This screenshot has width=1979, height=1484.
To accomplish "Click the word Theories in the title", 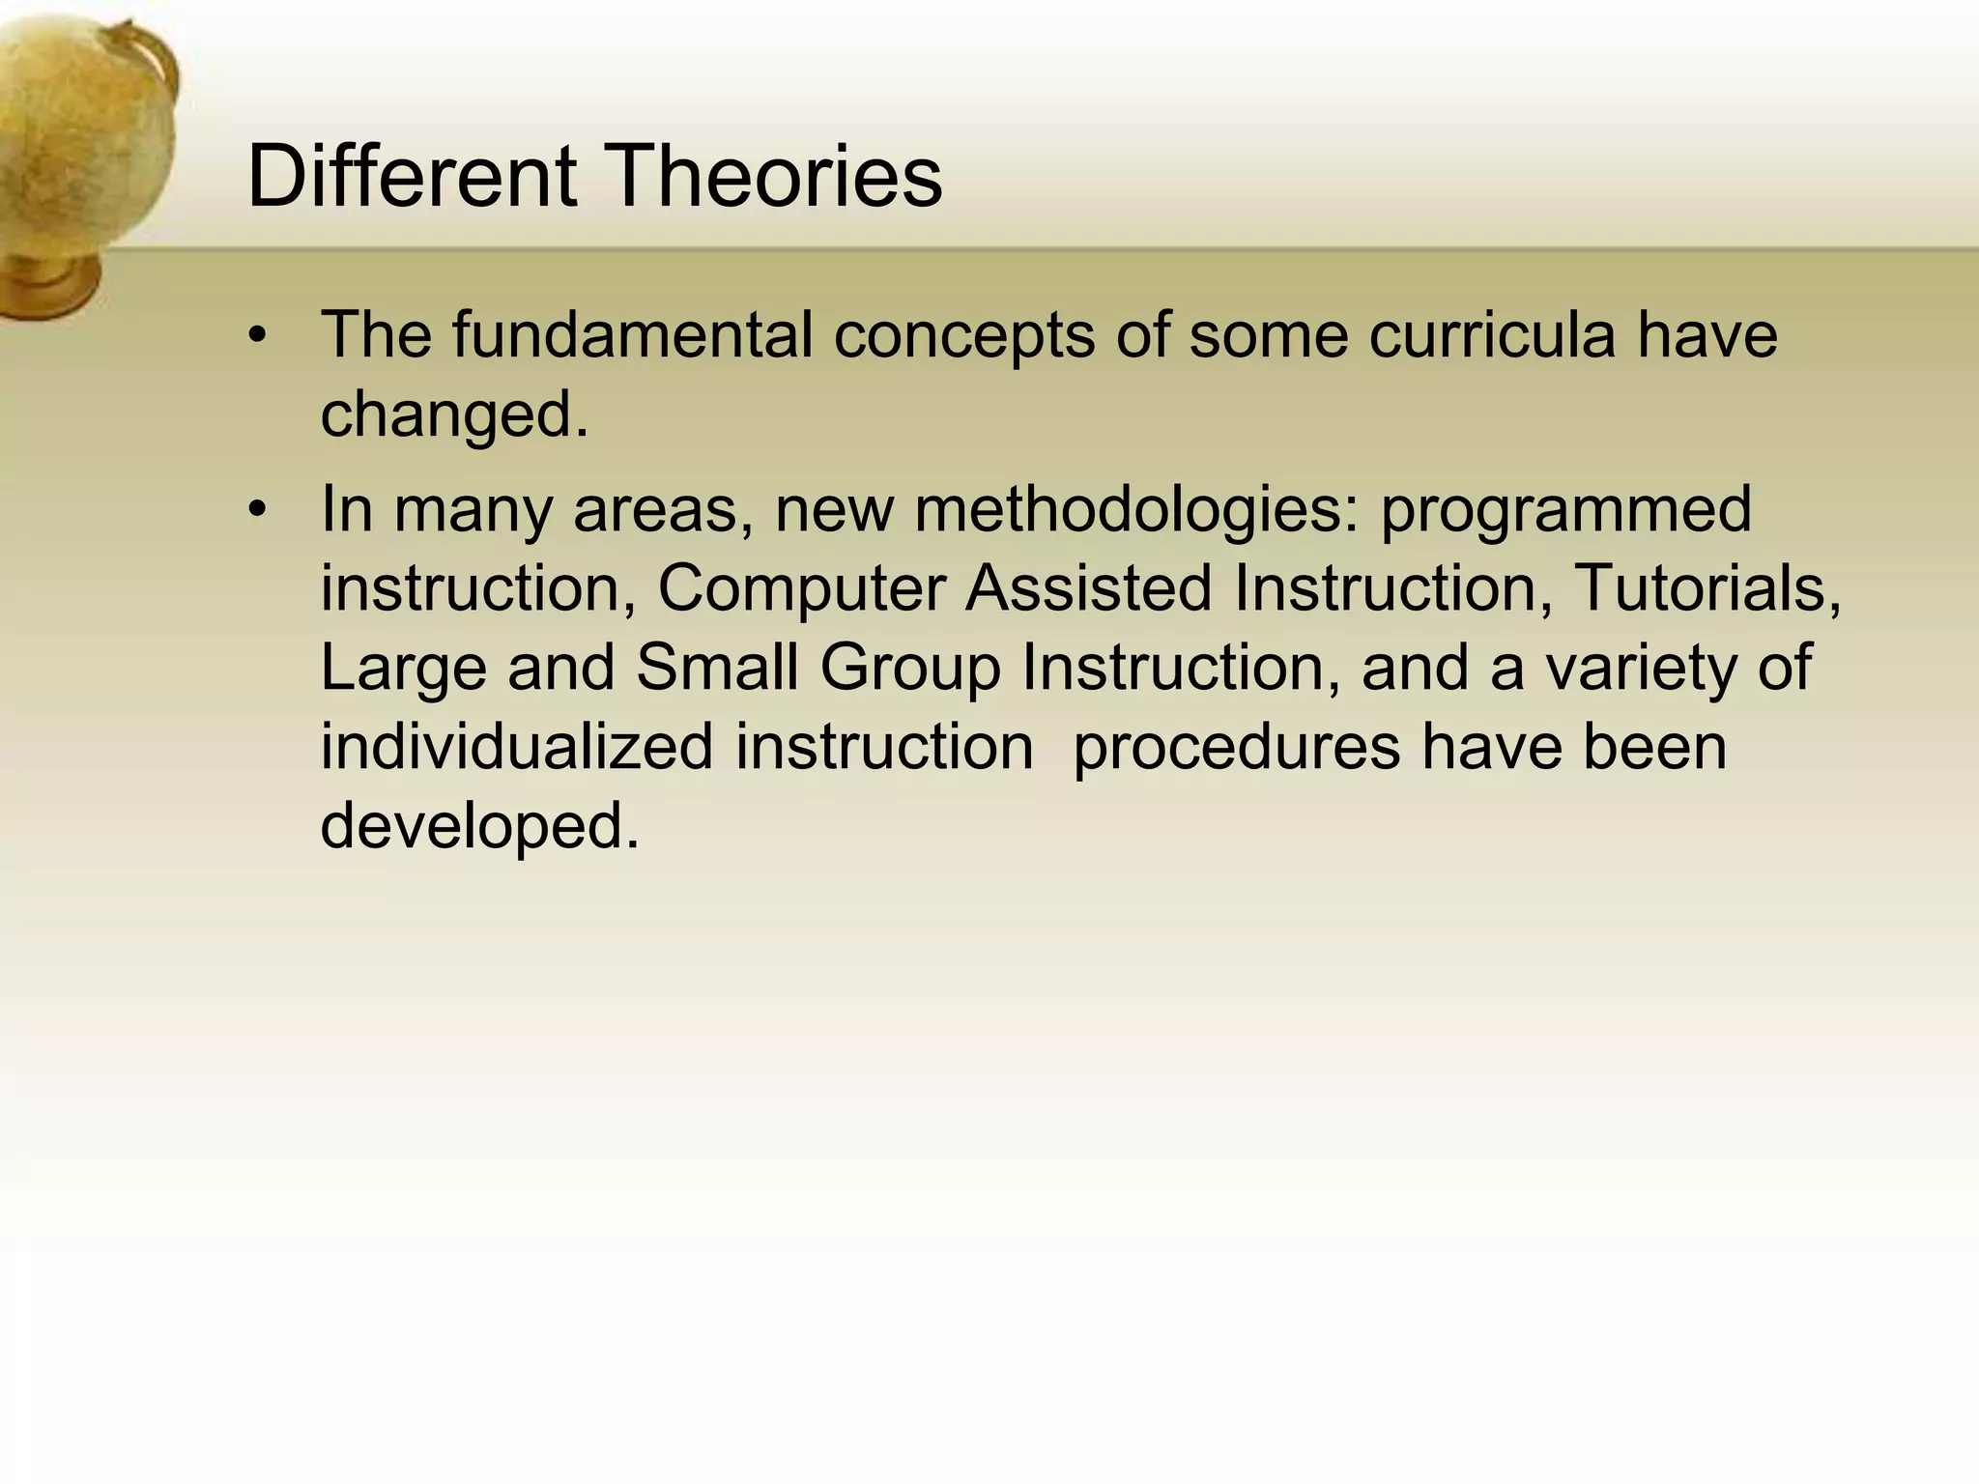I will point(775,176).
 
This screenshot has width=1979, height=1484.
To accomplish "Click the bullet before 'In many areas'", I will point(256,510).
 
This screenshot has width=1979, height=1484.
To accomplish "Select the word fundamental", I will point(632,335).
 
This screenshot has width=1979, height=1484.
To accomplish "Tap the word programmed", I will point(1565,511).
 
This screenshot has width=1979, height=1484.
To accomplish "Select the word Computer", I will point(801,589).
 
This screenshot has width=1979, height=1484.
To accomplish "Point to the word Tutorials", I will point(1707,589).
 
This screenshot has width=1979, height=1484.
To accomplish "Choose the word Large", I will point(403,670).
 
